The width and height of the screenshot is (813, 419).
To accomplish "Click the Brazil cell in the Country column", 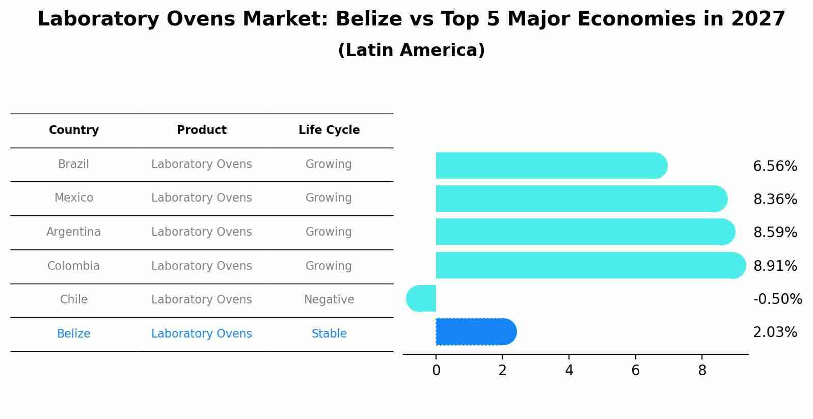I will pyautogui.click(x=73, y=164).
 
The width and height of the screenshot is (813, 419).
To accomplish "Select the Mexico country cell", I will pyautogui.click(x=73, y=198).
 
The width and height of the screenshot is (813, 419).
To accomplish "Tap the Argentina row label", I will pyautogui.click(x=73, y=232).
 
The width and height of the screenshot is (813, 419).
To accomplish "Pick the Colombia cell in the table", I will pyautogui.click(x=73, y=266).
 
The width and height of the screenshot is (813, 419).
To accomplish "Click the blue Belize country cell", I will pyautogui.click(x=73, y=333).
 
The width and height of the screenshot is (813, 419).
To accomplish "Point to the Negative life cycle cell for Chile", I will pyautogui.click(x=329, y=299).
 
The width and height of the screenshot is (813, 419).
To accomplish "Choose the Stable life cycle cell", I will pyautogui.click(x=329, y=333).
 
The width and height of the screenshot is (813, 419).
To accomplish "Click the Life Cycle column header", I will pyautogui.click(x=329, y=130).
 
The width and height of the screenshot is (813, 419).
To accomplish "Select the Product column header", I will pyautogui.click(x=201, y=130).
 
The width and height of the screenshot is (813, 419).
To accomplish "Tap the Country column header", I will pyautogui.click(x=73, y=130).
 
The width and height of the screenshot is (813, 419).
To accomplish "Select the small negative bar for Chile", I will pyautogui.click(x=422, y=298).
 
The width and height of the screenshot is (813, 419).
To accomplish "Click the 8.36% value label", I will pyautogui.click(x=775, y=199).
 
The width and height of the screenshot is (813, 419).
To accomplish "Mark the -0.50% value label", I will pyautogui.click(x=777, y=299).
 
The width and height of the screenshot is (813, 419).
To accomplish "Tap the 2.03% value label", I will pyautogui.click(x=775, y=332).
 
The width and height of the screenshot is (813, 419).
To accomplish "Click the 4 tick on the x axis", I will pyautogui.click(x=569, y=371).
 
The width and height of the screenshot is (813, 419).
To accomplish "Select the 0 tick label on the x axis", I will pyautogui.click(x=436, y=371).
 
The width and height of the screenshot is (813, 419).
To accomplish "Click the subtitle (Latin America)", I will pyautogui.click(x=411, y=50).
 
